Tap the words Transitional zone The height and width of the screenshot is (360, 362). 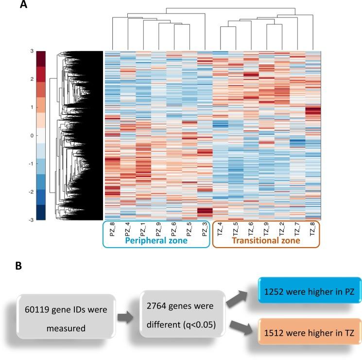coord(265,240)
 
